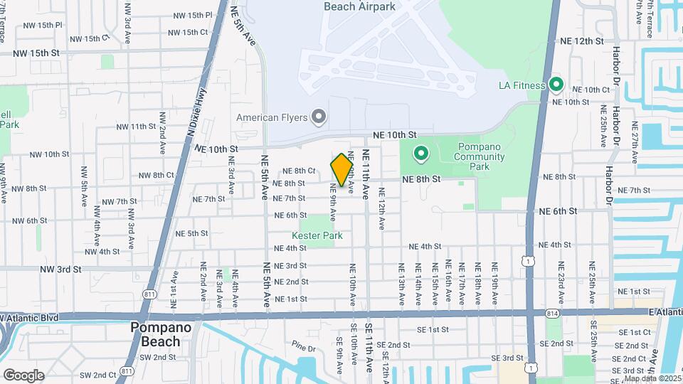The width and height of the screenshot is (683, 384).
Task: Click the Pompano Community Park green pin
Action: click(420, 153)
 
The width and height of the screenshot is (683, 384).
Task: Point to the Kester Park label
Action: click(317, 235)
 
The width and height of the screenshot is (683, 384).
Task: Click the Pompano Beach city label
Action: click(155, 334)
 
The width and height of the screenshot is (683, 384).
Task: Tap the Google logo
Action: click(23, 375)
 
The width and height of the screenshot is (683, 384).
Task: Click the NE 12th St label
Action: click(581, 41)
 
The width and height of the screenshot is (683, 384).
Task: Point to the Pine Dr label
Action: click(302, 348)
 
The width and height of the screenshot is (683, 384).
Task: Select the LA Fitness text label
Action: click(521, 86)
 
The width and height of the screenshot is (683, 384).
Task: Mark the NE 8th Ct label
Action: click(299, 171)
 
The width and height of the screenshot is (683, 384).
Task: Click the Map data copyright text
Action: click(652, 378)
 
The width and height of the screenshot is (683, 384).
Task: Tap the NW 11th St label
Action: click(136, 127)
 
